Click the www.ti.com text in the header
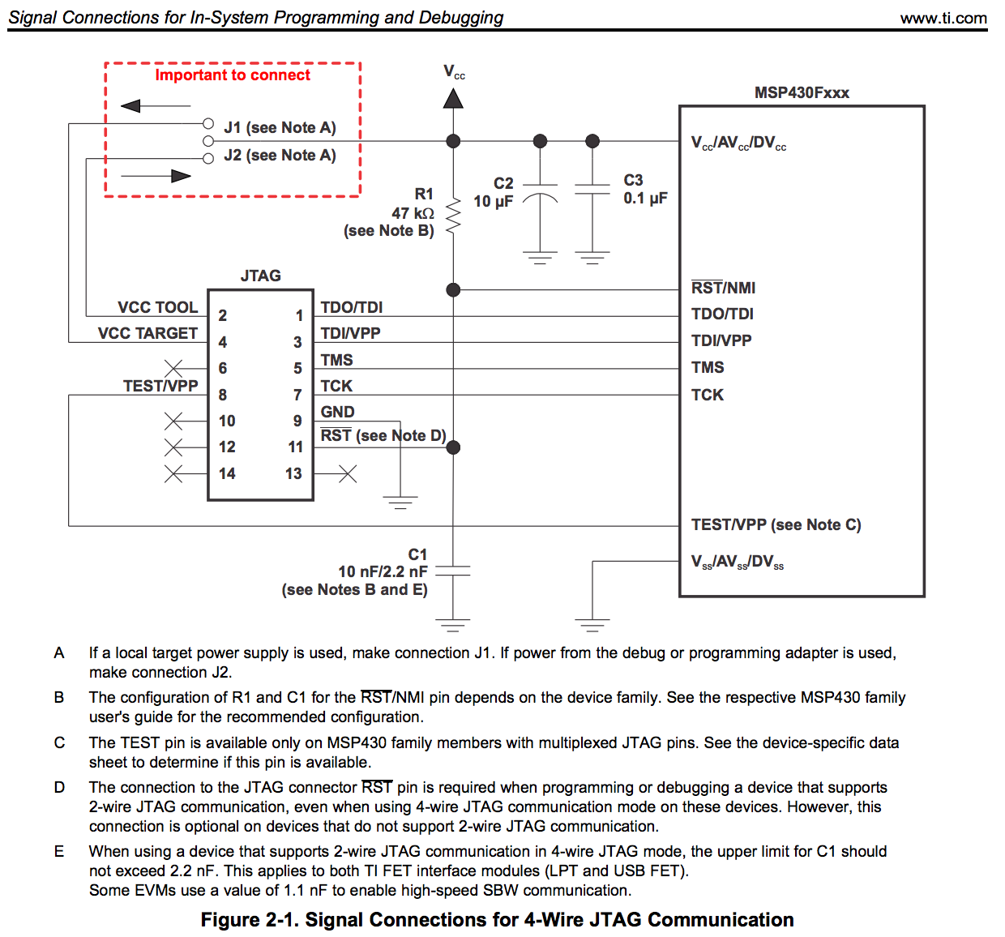[943, 18]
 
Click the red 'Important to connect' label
[233, 75]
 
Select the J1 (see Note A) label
[280, 127]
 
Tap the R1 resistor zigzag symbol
[453, 213]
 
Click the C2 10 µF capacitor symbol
[540, 195]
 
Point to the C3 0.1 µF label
[644, 190]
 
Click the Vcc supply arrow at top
[453, 97]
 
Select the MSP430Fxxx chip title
[801, 92]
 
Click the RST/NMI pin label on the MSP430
[723, 288]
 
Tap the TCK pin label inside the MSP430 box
[707, 395]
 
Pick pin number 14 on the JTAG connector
[227, 473]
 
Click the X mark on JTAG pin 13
[348, 473]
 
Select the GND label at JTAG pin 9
[337, 412]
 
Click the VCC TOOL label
[157, 307]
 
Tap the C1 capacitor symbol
[453, 571]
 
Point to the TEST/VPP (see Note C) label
[776, 524]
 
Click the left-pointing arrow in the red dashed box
[154, 105]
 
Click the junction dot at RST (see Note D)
[453, 447]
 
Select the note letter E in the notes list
[59, 851]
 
